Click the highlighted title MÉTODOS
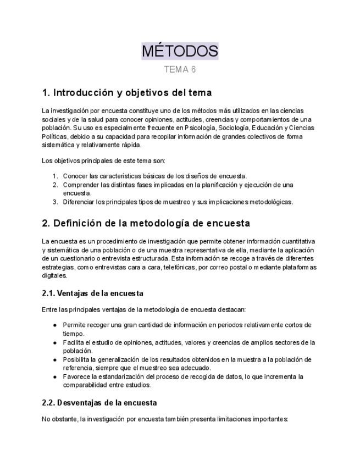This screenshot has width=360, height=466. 180,51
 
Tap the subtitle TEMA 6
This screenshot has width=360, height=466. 180,69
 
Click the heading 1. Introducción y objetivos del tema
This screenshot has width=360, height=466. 127,92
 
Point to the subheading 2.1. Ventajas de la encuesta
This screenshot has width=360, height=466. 92,293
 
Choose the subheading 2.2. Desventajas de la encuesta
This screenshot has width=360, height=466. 99,403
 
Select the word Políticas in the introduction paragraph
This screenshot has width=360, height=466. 55,137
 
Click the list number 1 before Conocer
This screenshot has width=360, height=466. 55,176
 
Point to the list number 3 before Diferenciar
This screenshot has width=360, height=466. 55,202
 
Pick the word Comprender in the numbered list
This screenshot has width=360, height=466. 80,185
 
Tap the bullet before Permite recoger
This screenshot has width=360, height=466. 55,325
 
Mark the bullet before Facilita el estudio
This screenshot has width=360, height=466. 55,342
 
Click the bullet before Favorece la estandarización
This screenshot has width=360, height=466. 55,377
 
